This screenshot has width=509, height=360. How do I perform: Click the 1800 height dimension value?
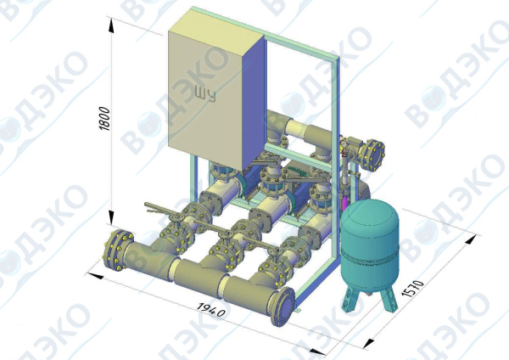(105, 119)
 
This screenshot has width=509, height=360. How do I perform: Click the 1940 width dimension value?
(211, 310)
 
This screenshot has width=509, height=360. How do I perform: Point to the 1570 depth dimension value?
(412, 289)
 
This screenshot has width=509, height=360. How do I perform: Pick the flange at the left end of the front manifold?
(117, 250)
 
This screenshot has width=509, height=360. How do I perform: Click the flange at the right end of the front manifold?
(282, 307)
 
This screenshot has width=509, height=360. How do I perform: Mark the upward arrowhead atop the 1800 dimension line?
(112, 25)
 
